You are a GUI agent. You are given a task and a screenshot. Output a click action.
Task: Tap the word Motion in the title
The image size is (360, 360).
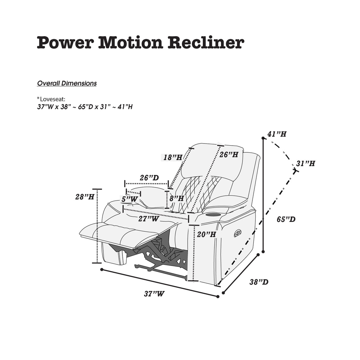[130, 43]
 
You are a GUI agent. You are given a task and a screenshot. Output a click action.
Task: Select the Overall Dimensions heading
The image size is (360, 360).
[67, 83]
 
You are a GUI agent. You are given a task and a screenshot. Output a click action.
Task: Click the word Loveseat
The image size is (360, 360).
[52, 99]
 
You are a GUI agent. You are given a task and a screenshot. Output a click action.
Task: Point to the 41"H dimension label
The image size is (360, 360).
[277, 134]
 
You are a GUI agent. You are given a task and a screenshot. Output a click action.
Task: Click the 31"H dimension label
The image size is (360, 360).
[305, 163]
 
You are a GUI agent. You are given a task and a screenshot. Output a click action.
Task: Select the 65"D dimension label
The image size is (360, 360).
[286, 219]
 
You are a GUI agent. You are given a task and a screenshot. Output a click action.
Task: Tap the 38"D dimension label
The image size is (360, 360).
[259, 282]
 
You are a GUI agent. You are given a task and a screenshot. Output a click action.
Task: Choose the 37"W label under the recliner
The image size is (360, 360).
[154, 294]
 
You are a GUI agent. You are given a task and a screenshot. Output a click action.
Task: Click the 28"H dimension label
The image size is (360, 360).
[85, 197]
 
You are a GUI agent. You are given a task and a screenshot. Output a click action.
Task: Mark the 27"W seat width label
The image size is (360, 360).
[149, 219]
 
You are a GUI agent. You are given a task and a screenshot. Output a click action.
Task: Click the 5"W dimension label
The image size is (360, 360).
[130, 199]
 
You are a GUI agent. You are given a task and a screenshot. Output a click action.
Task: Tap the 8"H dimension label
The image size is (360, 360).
[177, 198]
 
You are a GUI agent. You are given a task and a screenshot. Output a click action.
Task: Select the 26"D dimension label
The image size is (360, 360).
[149, 178]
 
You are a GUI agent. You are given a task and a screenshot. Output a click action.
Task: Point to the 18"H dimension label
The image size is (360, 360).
[173, 157]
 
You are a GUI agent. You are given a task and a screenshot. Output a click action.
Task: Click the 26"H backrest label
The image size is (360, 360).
[229, 154]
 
